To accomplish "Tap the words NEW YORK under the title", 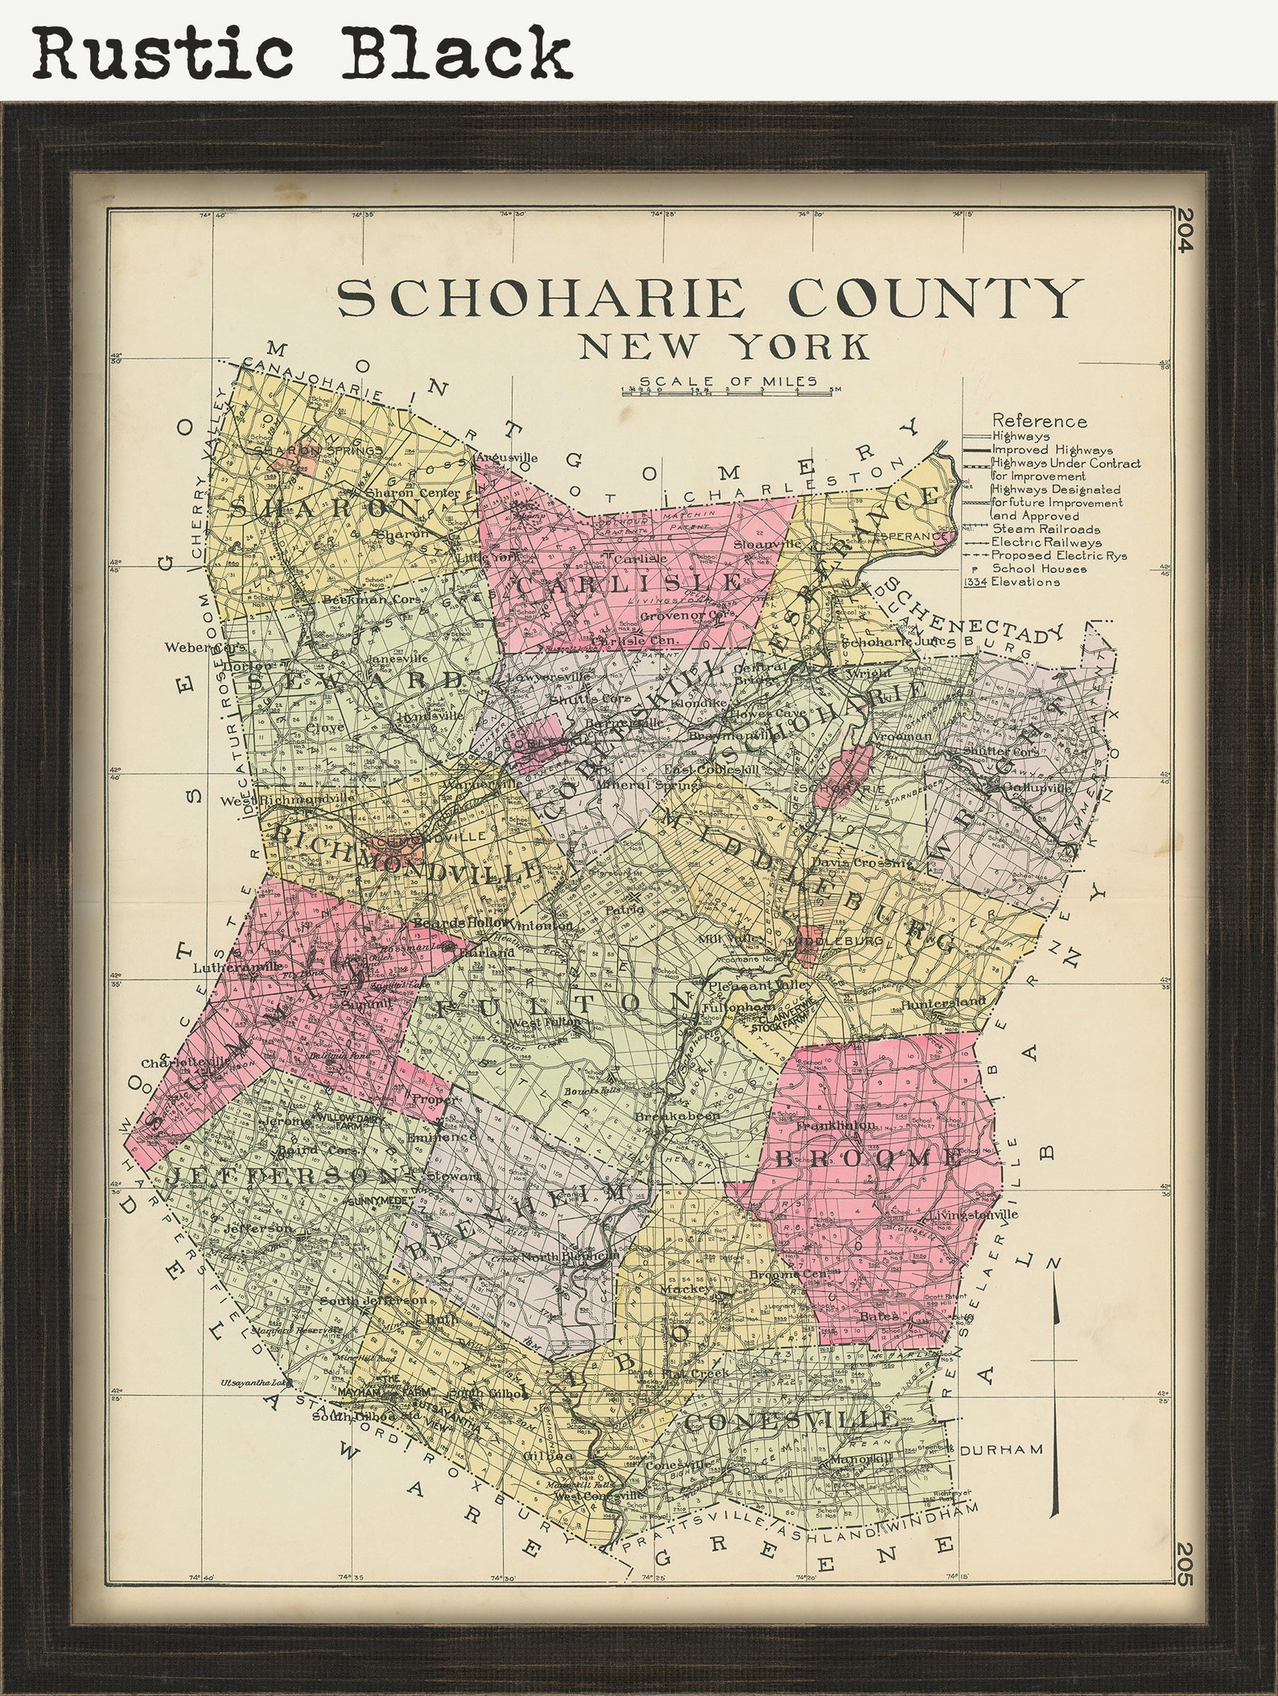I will (724, 347).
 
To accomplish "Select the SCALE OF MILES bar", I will (727, 393).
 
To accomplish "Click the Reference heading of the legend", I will (1039, 421).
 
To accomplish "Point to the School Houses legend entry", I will (1038, 569).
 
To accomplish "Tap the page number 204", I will (1182, 230).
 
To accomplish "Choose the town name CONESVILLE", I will (791, 1421).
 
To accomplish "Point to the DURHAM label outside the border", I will (1001, 1449).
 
